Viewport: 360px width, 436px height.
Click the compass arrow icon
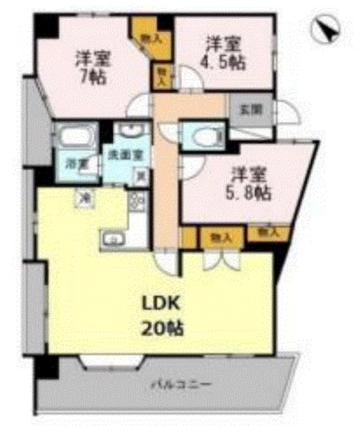click(x=326, y=29)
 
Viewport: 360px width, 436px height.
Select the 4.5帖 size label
click(x=225, y=62)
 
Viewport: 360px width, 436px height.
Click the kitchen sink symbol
click(x=114, y=238)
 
